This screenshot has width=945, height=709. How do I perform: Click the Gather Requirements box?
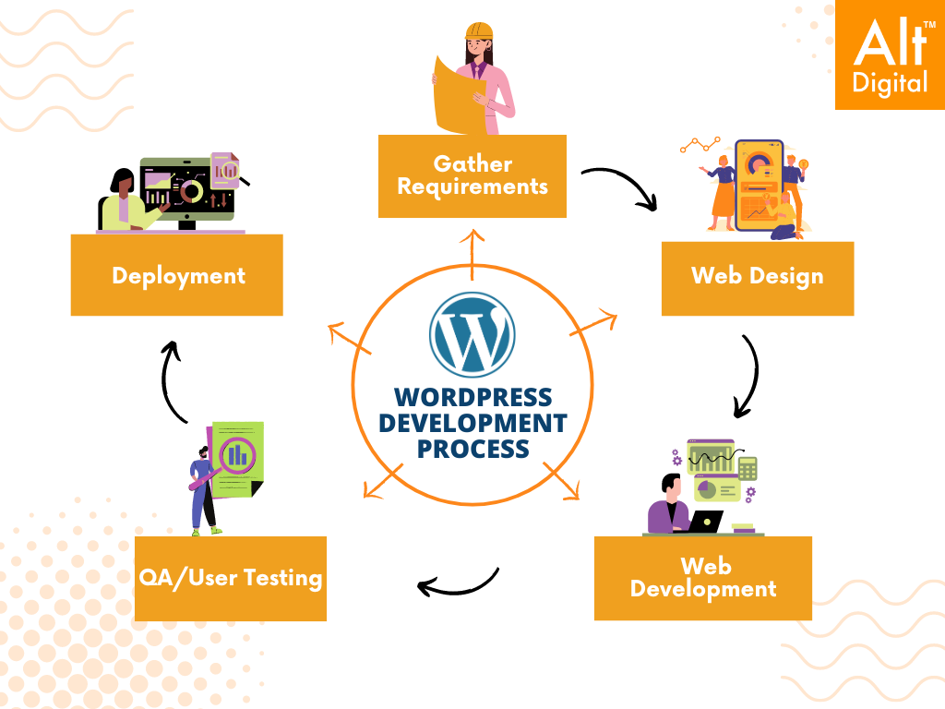pos(472,175)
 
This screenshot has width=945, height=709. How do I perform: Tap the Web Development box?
pos(702,578)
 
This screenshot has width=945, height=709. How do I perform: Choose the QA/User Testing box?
pos(230,579)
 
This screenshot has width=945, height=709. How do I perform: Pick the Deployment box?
pos(177,275)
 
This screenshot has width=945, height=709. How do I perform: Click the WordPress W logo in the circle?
pos(472,333)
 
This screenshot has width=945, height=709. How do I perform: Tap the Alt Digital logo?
pos(890,54)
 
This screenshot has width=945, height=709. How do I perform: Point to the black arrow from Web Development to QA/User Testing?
pos(459,583)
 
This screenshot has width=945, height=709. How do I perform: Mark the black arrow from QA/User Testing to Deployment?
pos(172,379)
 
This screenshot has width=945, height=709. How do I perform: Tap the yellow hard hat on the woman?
pos(479,30)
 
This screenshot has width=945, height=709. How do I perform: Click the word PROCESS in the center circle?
pos(472,450)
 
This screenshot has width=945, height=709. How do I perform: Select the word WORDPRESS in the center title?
pos(472,398)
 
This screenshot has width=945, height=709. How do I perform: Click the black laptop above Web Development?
pos(706,522)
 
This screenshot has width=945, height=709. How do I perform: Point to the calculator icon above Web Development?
pos(748,468)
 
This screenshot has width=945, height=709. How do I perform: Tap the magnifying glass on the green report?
pos(238,455)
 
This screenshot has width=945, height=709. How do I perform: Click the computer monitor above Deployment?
pos(188,189)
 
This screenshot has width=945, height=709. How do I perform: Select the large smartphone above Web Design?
pos(759,185)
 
